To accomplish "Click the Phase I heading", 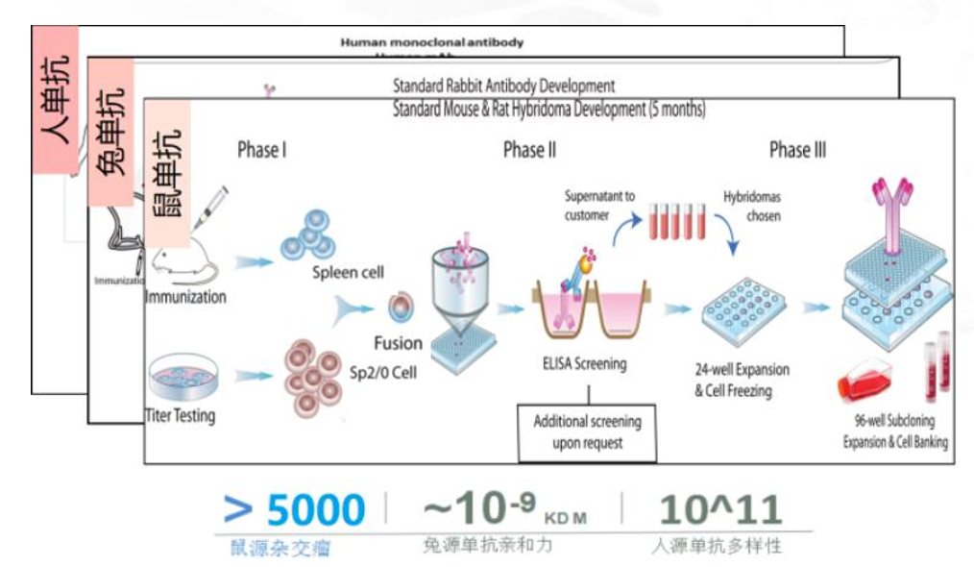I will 262,150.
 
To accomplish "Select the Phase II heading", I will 529,150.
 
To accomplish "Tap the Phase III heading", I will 797,150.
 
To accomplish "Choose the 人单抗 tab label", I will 55,100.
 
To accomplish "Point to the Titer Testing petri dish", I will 180,374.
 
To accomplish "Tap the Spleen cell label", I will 347,273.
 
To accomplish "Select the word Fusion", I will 398,343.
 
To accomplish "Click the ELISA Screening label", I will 583,364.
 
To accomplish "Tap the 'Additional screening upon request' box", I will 588,431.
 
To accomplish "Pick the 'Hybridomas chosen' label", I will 751,206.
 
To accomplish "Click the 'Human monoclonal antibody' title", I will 432,42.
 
